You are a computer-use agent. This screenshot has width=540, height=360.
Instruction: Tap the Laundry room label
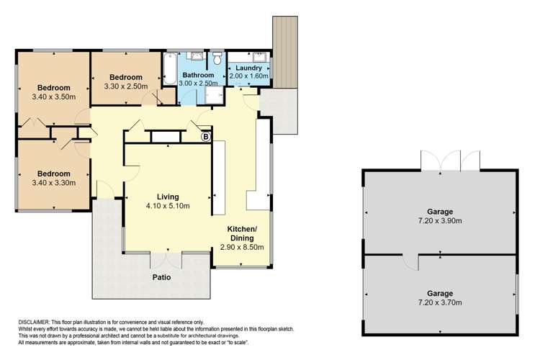[x=248, y=68]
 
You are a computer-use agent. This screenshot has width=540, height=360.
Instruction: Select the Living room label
[x=167, y=197]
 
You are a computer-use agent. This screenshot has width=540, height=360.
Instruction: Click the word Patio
[x=161, y=276]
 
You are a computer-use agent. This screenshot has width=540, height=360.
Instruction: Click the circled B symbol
[x=205, y=136]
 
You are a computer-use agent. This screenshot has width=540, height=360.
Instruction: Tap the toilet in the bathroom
[x=215, y=59]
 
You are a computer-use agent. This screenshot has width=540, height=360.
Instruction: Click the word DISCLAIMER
[x=34, y=322]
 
